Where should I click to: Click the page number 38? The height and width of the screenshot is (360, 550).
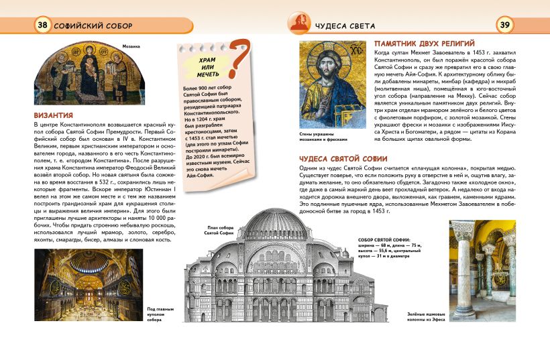click(x=43, y=25)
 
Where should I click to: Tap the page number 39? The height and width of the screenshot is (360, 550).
click(x=504, y=25)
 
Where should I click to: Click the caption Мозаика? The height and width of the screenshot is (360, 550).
click(x=131, y=47)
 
